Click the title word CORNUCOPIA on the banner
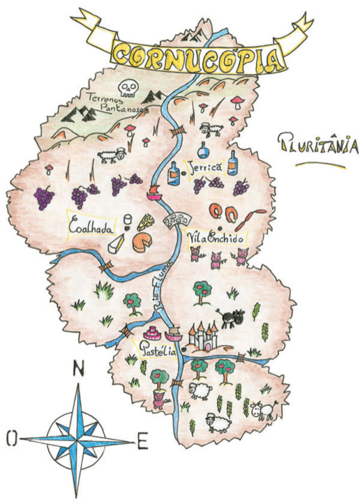(199, 55)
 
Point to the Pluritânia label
(317, 145)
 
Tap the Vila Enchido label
(217, 238)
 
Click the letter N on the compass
(79, 370)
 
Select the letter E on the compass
(142, 441)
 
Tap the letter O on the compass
(11, 438)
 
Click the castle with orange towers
(203, 337)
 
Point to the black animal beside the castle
(230, 317)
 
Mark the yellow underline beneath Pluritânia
(319, 166)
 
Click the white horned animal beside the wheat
(264, 410)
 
